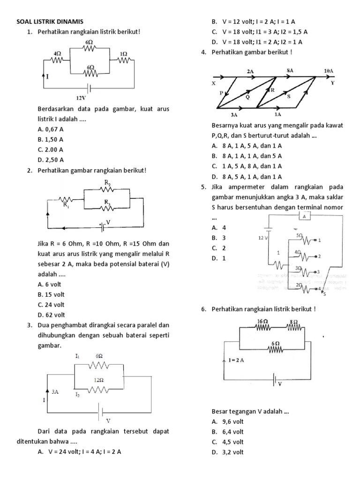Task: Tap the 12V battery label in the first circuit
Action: [x=81, y=98]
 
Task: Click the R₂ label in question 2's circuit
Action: [x=107, y=183]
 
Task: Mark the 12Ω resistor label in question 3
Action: [x=98, y=380]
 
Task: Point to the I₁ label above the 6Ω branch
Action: [x=78, y=356]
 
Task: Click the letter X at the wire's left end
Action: [x=214, y=83]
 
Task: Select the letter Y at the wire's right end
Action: [x=332, y=83]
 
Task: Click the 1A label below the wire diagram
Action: [x=278, y=114]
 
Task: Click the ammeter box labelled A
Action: [x=304, y=217]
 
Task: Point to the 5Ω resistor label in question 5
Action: [x=299, y=235]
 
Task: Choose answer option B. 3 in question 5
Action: [x=219, y=238]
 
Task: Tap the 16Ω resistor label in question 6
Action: [x=262, y=321]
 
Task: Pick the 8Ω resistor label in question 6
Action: [x=293, y=321]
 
